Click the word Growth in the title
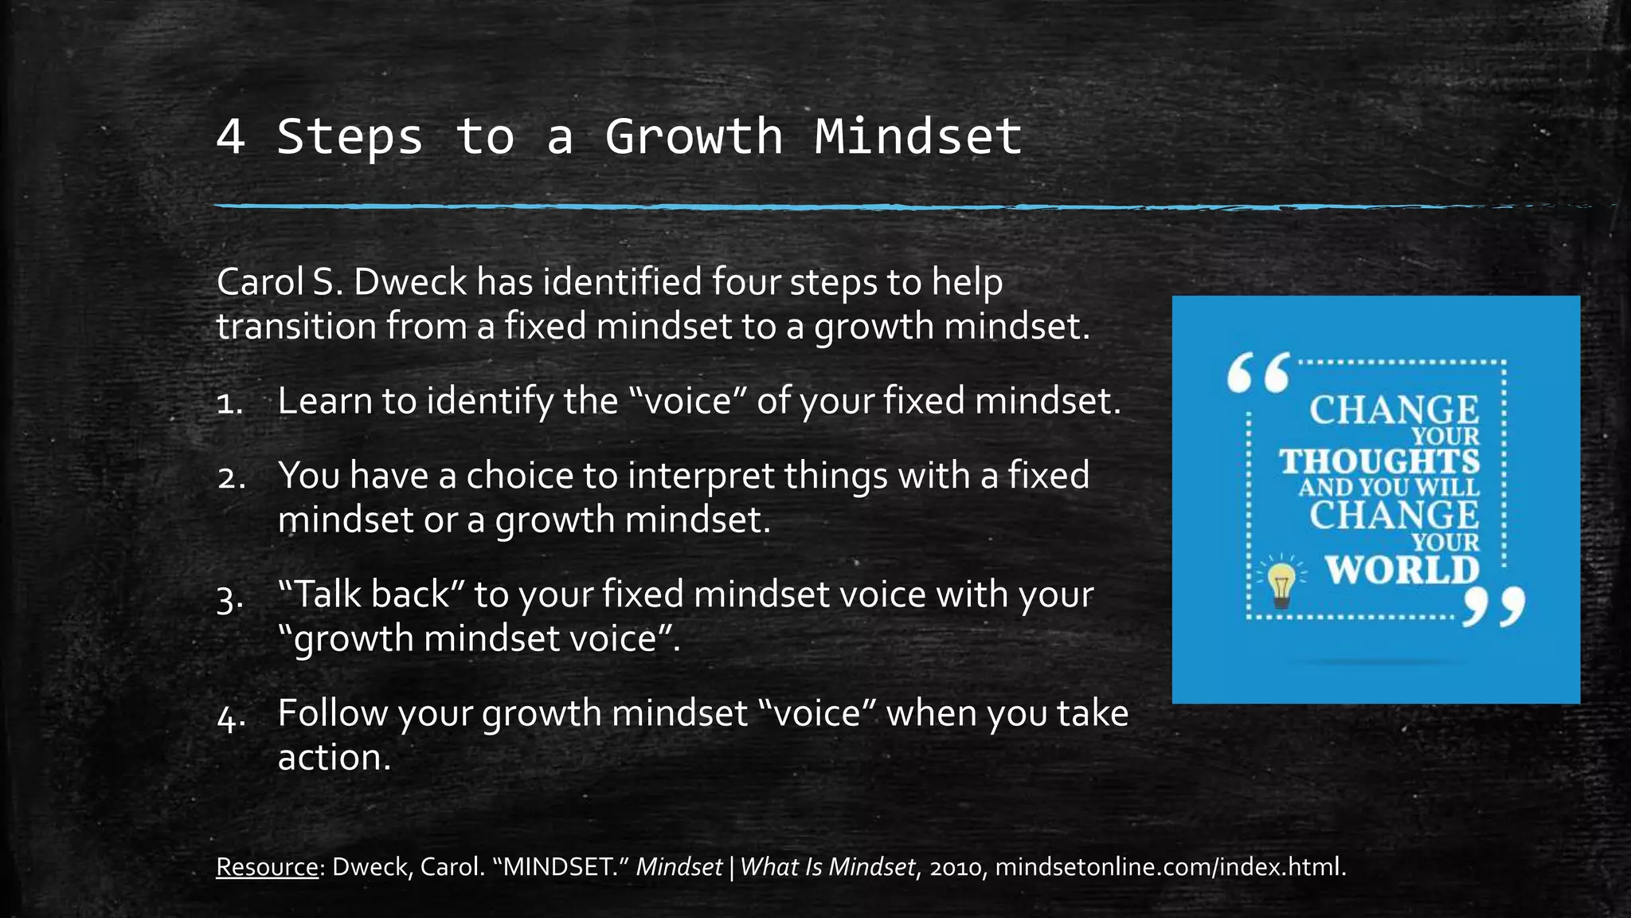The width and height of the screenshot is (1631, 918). [694, 136]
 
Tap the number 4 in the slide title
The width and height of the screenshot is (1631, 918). [230, 136]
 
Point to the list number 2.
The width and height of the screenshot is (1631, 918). [231, 477]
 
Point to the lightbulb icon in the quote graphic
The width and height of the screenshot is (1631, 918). [1281, 584]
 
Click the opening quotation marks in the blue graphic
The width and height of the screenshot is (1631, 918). [1257, 373]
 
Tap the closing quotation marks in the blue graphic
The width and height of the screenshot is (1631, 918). [1494, 607]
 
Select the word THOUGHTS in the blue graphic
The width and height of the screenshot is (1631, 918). [1379, 461]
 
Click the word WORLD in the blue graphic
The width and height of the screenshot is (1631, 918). [1402, 570]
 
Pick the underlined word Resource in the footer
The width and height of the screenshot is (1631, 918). [267, 867]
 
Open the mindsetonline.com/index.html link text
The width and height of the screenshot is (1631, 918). [1170, 867]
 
